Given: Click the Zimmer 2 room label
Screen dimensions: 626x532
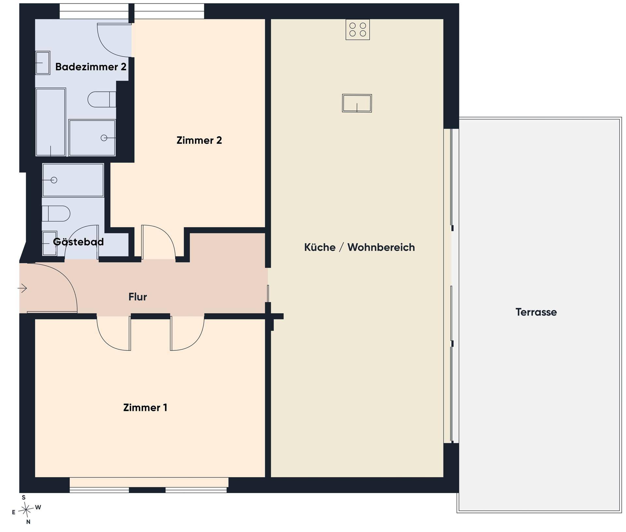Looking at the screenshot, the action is [x=199, y=140].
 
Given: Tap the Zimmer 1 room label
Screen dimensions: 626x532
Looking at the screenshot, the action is [x=145, y=407].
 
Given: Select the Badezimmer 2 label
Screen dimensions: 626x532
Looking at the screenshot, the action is [x=91, y=67].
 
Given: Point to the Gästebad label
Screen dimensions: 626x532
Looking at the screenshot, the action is [x=78, y=242].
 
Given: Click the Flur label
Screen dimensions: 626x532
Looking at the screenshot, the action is [x=138, y=297].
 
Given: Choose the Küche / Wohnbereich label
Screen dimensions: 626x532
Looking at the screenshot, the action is [x=359, y=247].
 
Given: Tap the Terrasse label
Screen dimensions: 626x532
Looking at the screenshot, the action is [x=536, y=312].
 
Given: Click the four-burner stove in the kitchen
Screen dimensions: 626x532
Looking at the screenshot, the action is [x=358, y=30].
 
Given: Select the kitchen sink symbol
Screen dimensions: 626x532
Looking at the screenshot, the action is [x=357, y=103].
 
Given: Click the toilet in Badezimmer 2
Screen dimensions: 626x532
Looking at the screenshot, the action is [x=102, y=99].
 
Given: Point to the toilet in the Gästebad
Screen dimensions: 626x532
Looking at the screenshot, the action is [x=56, y=214].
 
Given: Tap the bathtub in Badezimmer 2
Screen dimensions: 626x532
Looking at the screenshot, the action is [x=51, y=122].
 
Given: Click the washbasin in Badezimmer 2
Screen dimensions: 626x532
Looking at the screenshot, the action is [x=42, y=63].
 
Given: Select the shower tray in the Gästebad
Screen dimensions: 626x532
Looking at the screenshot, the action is [x=73, y=180].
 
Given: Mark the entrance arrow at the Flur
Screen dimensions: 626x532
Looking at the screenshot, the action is [x=22, y=288].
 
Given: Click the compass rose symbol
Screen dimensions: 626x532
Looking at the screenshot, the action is [x=26, y=509].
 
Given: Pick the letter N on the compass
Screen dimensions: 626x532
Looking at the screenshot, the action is [x=28, y=522].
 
